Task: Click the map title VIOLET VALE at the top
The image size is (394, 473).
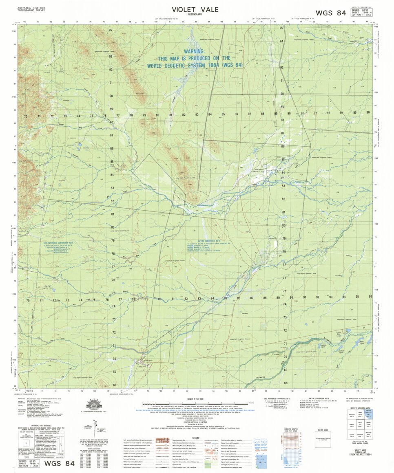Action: pyautogui.click(x=195, y=9)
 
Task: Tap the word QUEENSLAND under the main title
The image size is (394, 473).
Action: pyautogui.click(x=195, y=15)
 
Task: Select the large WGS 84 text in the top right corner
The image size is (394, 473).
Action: pyautogui.click(x=336, y=13)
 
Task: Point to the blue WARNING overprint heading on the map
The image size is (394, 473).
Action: pyautogui.click(x=194, y=51)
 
